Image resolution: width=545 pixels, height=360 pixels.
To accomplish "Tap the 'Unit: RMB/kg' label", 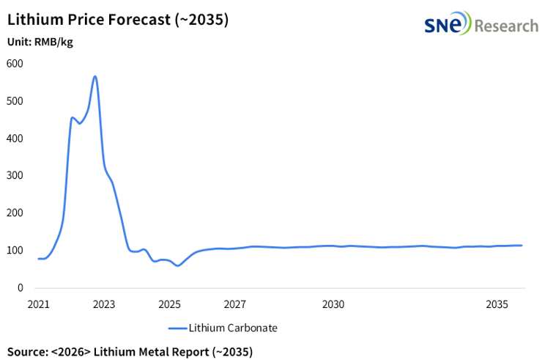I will (40, 42).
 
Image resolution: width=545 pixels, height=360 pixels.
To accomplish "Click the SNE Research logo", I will (481, 26).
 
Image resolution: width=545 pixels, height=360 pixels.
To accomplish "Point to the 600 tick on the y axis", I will (15, 64).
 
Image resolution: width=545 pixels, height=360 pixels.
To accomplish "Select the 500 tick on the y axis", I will (15, 101).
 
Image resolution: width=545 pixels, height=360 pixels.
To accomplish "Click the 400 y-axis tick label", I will (15, 139).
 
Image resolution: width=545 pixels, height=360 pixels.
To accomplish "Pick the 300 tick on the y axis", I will (15, 176).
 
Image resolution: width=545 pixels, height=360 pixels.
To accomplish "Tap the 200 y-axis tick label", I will (15, 213).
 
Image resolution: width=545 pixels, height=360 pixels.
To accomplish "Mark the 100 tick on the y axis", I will (15, 251).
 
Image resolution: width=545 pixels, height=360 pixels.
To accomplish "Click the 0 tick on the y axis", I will (20, 288).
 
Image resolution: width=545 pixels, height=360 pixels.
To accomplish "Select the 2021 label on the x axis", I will (38, 304).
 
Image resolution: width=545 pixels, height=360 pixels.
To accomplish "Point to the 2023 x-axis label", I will (103, 304).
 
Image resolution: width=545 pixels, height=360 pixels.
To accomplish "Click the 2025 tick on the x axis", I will (169, 304).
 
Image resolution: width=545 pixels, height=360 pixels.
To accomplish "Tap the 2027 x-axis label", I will (234, 304).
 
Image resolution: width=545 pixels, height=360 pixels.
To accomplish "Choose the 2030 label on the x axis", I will (333, 304).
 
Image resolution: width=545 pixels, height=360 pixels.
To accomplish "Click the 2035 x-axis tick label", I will (497, 304).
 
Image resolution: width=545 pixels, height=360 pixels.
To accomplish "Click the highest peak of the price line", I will (94, 76).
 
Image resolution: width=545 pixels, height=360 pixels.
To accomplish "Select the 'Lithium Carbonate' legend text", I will (233, 328).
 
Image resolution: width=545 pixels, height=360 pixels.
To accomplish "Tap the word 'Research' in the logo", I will (505, 26).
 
